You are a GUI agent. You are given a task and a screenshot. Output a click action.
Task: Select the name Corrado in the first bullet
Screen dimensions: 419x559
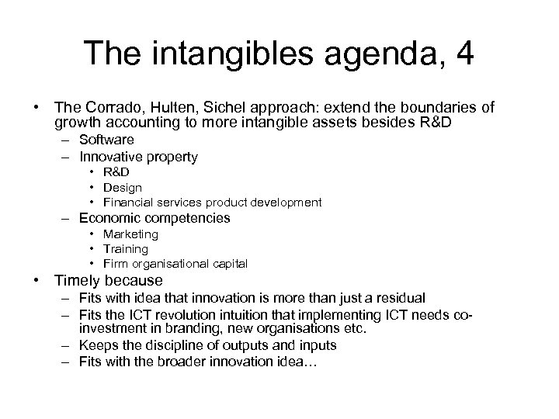coord(110,106)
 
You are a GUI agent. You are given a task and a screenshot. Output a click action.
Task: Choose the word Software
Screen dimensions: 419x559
coord(106,140)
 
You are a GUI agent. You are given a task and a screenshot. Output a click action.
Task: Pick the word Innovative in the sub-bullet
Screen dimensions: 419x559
coord(109,157)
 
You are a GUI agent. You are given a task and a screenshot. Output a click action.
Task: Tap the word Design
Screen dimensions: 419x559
coord(123,187)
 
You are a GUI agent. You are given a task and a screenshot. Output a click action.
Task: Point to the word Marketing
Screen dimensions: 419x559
coord(131,234)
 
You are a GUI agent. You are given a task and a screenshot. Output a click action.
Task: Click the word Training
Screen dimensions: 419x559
coord(126,248)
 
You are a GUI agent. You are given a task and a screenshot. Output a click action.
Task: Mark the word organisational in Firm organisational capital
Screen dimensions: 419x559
coord(175,263)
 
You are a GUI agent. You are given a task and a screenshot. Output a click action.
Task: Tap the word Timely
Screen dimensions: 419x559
coord(75,280)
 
